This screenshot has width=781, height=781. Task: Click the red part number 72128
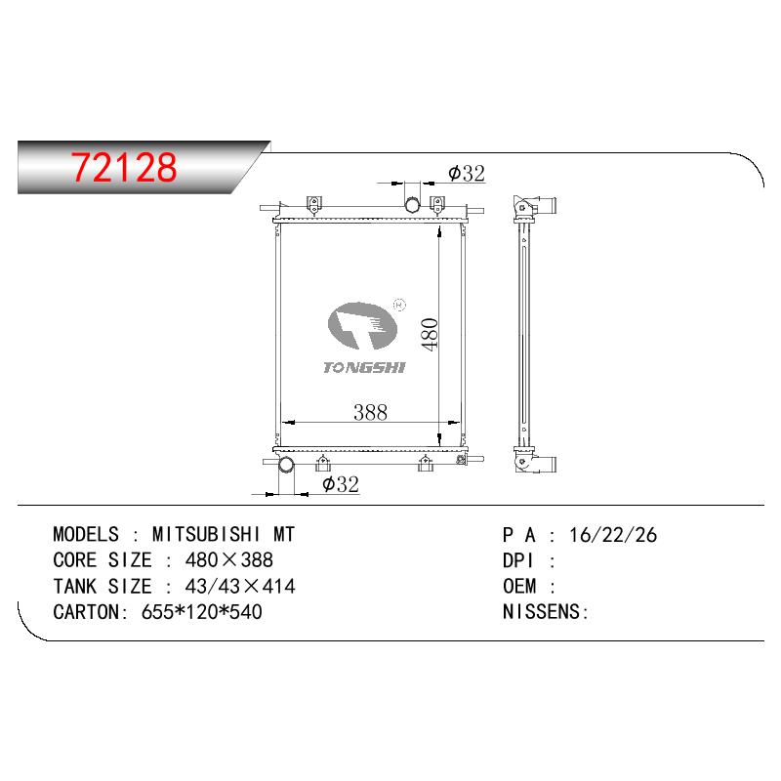(124, 167)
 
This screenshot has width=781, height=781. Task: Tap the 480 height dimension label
(429, 334)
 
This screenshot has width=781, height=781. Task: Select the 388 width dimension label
(370, 412)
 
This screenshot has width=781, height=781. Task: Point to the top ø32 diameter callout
(467, 174)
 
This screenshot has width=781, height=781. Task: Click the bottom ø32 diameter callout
(341, 484)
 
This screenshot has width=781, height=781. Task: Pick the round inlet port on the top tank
(412, 205)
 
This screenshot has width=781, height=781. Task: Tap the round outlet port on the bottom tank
(286, 466)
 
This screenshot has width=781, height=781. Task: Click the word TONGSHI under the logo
(364, 368)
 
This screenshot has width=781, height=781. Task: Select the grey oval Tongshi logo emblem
(362, 325)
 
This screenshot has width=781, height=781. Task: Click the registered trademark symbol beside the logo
(399, 305)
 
